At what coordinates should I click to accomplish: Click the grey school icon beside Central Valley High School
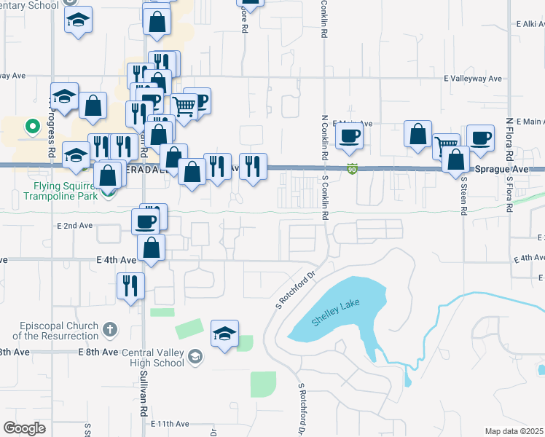[195, 357]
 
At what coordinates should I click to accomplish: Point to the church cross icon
[109, 329]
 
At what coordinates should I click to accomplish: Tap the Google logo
[24, 428]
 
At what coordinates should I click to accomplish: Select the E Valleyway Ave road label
[474, 78]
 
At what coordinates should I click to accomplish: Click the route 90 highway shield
[352, 170]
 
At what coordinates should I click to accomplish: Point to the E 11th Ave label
[170, 423]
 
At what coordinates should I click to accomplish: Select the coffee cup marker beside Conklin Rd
[349, 135]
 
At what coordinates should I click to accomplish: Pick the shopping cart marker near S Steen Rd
[445, 145]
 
